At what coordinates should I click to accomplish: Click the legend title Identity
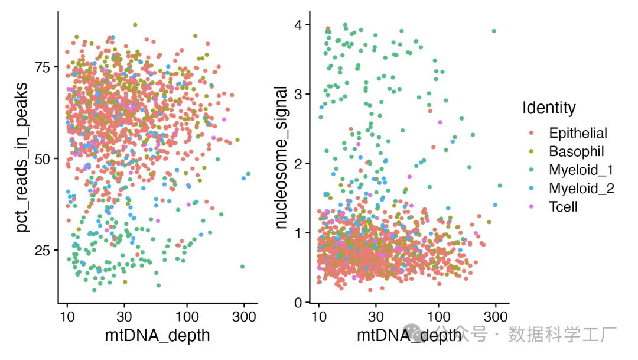(549, 108)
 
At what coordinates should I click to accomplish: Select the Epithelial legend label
(578, 132)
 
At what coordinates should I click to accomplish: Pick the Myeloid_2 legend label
(581, 189)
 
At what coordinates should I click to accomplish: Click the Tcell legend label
(562, 207)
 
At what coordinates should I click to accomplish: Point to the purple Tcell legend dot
(532, 207)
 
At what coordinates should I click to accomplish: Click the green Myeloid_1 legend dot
(532, 170)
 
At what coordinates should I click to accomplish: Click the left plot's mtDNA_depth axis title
(158, 336)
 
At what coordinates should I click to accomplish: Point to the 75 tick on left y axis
(43, 67)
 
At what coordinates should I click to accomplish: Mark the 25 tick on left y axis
(43, 250)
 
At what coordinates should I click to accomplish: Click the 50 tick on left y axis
(43, 159)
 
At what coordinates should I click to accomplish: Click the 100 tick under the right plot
(438, 316)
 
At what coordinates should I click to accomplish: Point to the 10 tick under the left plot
(67, 316)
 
